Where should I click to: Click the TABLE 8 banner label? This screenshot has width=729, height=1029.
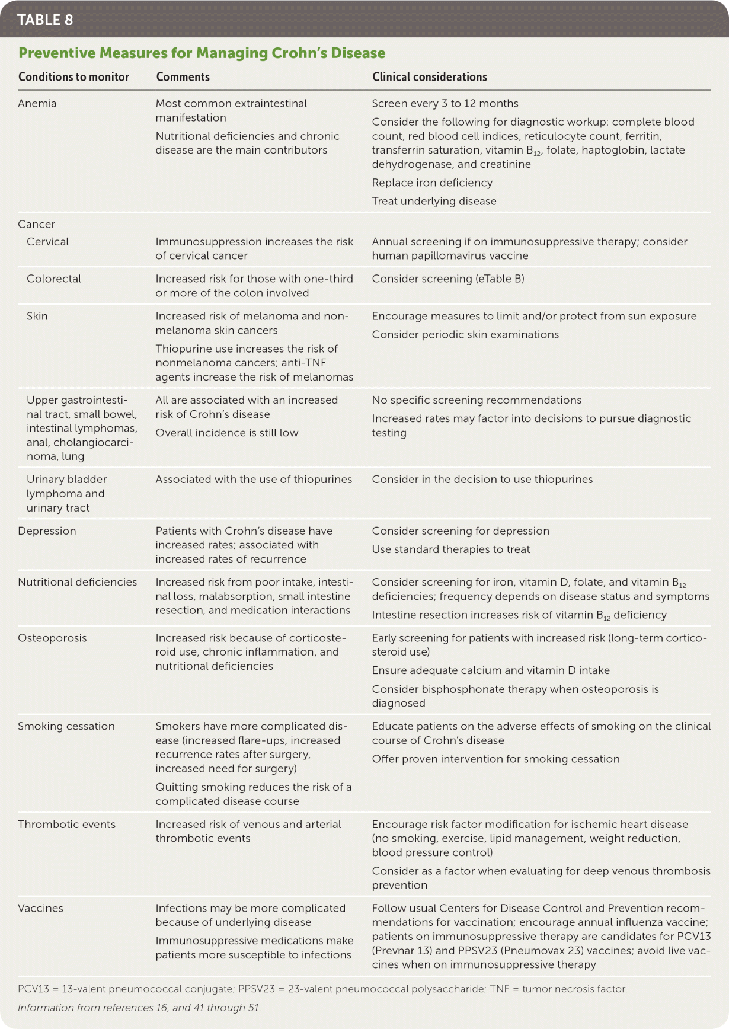[45, 20]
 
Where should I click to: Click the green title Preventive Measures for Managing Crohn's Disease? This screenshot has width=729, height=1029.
[202, 53]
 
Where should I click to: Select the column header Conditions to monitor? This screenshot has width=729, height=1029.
[73, 77]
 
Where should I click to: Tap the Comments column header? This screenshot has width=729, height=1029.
[183, 77]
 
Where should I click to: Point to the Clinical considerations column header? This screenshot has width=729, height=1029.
[429, 77]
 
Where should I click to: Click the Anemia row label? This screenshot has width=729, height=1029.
[37, 103]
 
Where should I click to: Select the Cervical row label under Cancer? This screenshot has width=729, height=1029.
[47, 242]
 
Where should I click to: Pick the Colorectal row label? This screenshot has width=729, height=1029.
[54, 279]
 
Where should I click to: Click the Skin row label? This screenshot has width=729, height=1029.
[37, 316]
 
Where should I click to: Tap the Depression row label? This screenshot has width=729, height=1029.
[47, 531]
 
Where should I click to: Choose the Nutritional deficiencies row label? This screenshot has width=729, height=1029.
[77, 582]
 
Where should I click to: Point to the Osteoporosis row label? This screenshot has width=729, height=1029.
[52, 638]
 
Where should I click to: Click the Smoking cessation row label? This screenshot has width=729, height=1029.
[66, 726]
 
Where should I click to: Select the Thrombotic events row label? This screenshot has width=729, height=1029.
[66, 824]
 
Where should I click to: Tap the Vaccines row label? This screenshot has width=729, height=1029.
[40, 908]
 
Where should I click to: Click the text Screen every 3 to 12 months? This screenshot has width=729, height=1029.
[445, 103]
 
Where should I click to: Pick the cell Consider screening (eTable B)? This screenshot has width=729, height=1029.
[448, 279]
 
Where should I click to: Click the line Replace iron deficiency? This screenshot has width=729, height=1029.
[432, 183]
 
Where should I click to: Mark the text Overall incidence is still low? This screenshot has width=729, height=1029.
[227, 433]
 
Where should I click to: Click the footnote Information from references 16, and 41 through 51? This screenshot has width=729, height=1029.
[139, 1008]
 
